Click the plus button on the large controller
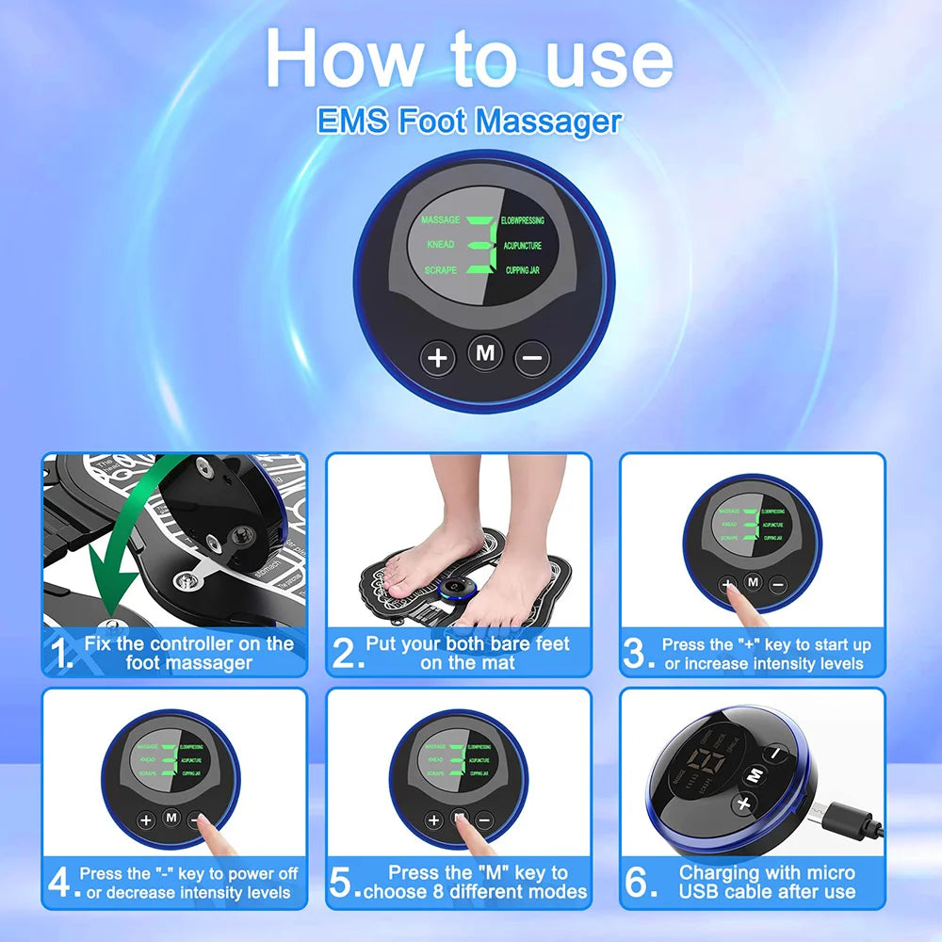pos(437,358)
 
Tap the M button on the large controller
pos(485,353)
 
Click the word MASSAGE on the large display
pos(440,220)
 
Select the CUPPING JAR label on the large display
pos(522,270)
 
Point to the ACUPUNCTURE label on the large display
pos(522,245)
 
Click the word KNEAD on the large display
pos(440,245)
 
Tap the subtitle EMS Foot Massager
pos(470,122)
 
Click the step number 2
pos(348,653)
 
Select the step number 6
pos(642,883)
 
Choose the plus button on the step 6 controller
pos(744,804)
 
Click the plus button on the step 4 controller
pos(146,820)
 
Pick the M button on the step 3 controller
pos(753,582)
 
